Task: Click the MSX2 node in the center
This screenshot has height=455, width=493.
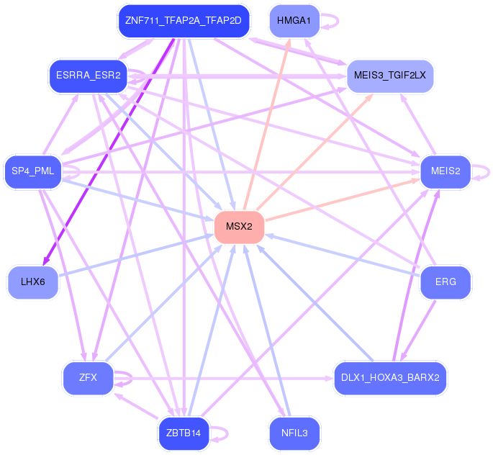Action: pos(239,227)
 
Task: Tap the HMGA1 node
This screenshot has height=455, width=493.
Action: pos(294,20)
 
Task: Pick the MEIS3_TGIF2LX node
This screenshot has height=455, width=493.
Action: pos(390,75)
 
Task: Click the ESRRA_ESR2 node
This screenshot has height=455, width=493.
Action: pos(88,75)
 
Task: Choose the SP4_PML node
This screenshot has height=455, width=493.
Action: pos(33,171)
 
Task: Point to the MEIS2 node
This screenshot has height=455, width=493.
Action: pos(445,171)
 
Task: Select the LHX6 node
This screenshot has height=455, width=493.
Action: pos(33,282)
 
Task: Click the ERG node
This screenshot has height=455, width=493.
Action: pos(445,282)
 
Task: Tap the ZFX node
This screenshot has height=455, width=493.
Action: pos(88,377)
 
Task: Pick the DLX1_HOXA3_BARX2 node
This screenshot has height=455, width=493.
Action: pos(390,377)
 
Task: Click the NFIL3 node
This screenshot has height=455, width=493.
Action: pos(294,433)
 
